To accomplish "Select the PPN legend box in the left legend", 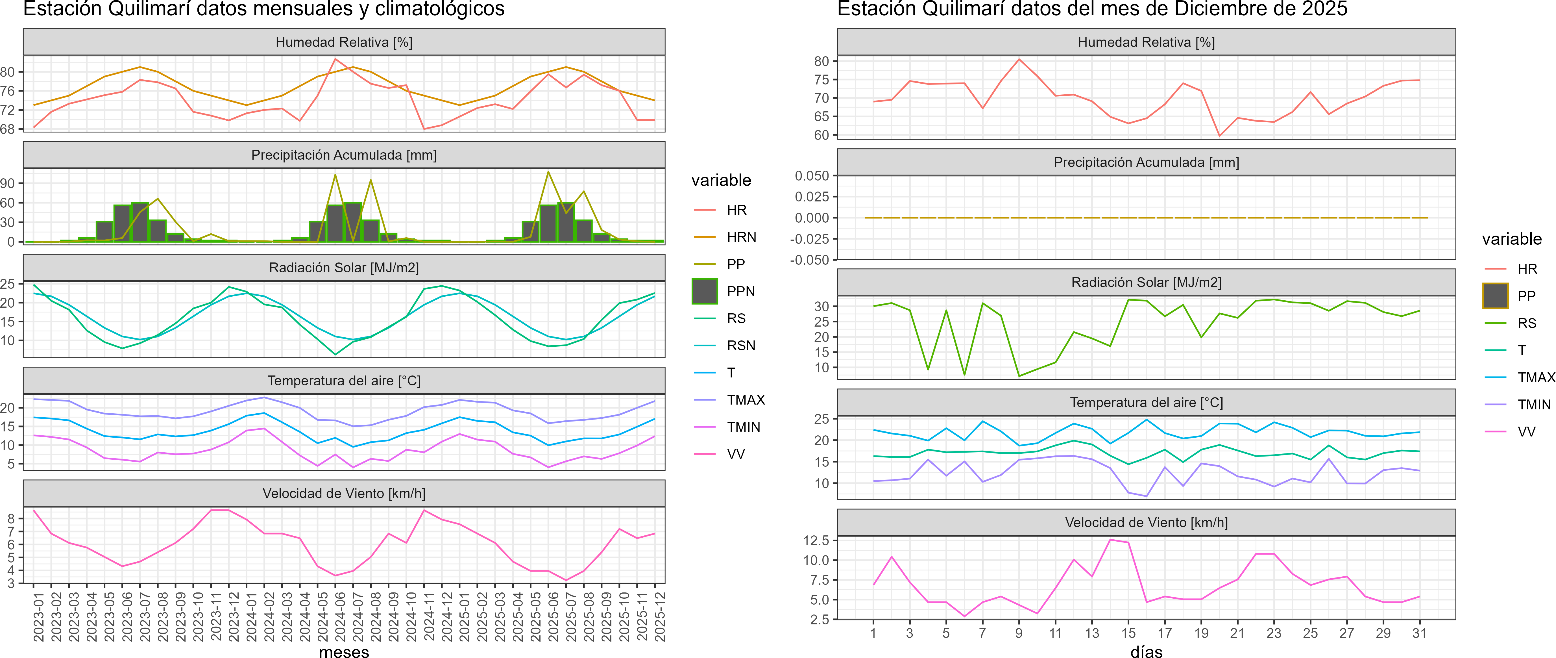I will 705,291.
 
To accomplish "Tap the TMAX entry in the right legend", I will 1535,378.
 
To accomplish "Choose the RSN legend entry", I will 740,346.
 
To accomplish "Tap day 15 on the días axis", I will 1128,633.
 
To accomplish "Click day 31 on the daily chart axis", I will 1420,633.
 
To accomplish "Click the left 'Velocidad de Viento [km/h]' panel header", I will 344,494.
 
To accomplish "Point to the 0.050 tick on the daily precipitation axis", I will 812,176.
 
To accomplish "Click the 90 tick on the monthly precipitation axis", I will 8,183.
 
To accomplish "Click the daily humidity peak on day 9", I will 1019,59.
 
